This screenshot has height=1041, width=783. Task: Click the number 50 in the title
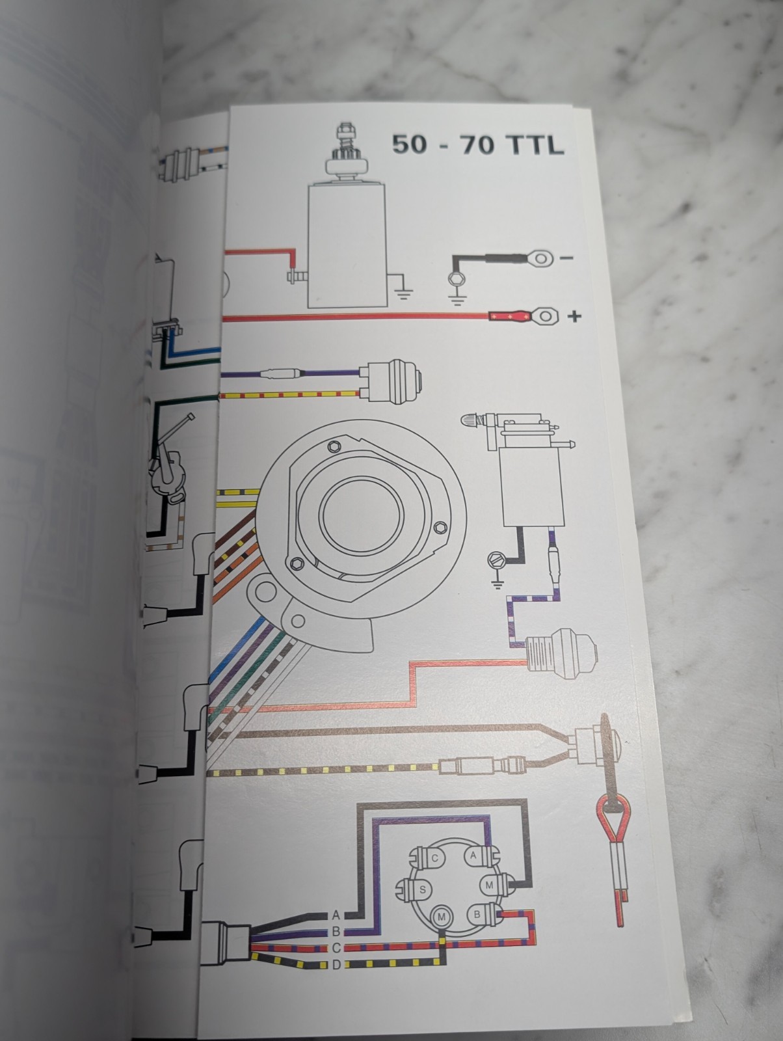point(410,144)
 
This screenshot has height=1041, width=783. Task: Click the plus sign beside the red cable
point(574,317)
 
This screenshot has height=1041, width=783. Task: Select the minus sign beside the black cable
point(566,258)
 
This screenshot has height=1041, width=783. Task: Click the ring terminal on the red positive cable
point(546,317)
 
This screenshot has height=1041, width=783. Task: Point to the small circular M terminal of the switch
point(442,917)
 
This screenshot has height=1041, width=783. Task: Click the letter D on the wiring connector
point(336,964)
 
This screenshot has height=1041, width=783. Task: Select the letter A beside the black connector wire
point(336,915)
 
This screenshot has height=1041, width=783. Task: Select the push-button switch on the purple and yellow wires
point(393,381)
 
